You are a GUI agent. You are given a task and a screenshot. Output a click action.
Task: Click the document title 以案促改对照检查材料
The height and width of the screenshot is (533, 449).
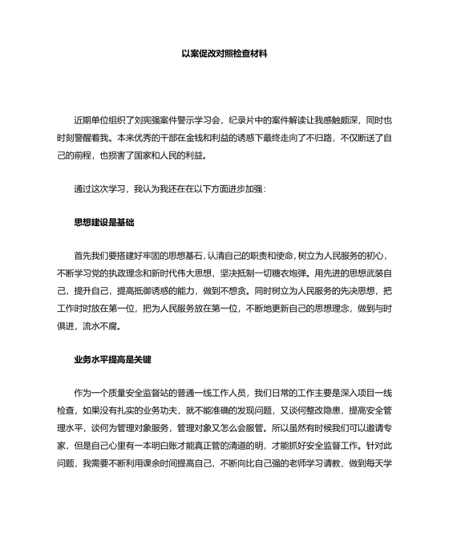(x=224, y=55)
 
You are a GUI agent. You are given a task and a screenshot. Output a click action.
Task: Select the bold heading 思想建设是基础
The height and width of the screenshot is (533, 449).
(x=103, y=220)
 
